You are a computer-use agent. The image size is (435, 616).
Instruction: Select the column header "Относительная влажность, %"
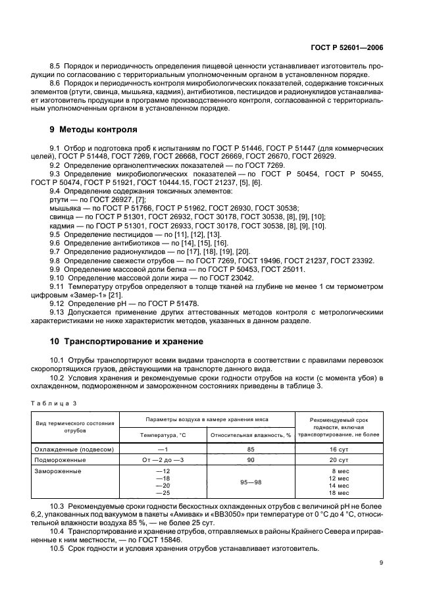pyautogui.click(x=250, y=435)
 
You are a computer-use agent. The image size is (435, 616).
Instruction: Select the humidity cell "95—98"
pyautogui.click(x=251, y=482)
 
